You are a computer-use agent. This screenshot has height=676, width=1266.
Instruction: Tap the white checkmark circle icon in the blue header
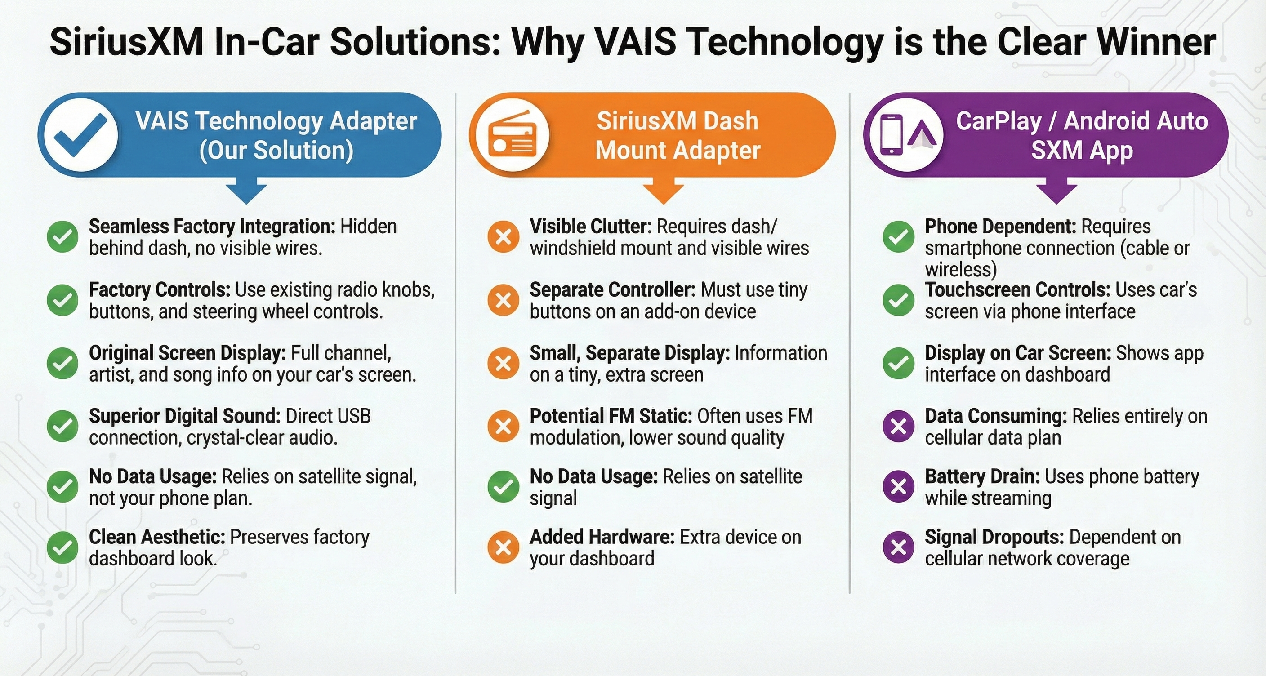[80, 134]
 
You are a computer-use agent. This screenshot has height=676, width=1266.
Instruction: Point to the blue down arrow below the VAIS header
[246, 193]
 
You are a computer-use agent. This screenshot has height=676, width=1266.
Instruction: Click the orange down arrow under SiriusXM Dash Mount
[664, 193]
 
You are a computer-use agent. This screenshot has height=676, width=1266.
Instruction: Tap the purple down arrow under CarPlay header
[1056, 193]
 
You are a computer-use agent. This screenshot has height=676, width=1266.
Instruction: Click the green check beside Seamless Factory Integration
[62, 237]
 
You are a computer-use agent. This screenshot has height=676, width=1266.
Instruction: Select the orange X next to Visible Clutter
[503, 237]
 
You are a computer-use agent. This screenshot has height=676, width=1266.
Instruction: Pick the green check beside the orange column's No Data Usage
[503, 486]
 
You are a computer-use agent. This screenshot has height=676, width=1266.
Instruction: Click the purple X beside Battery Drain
[898, 486]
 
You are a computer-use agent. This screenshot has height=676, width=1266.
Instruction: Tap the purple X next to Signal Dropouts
[898, 547]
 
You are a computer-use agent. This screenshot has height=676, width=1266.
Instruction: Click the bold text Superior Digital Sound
[185, 417]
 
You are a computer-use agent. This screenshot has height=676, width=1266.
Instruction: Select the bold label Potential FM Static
[611, 416]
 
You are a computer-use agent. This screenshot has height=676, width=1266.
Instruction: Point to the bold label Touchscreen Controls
[1017, 290]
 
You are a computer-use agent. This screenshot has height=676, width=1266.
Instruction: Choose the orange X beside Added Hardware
[503, 547]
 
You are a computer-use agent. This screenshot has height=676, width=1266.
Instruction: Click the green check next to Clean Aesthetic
[62, 547]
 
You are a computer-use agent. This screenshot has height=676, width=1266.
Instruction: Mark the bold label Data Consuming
[996, 417]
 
